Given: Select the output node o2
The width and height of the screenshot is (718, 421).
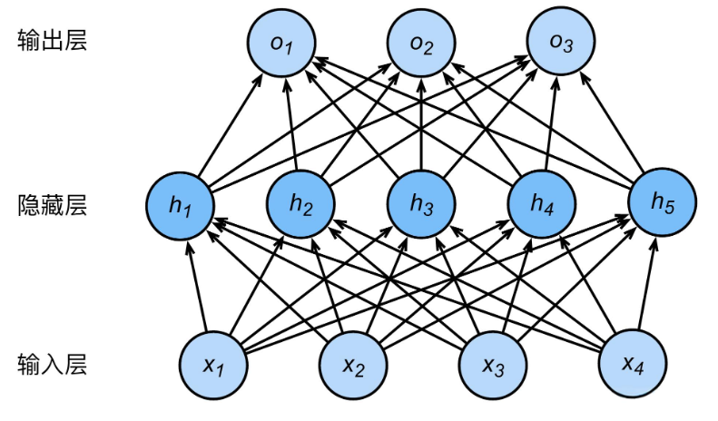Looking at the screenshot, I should (x=420, y=44).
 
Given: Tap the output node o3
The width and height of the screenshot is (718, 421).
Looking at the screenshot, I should (x=561, y=44).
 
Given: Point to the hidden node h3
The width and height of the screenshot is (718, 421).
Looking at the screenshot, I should (x=420, y=205).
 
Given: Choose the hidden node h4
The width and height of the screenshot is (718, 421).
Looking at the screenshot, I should (x=542, y=205).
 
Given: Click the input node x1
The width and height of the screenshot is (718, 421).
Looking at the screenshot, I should (x=214, y=365).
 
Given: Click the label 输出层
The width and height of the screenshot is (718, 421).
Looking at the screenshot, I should (x=52, y=41).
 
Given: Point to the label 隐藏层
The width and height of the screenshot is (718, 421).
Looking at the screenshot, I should (x=52, y=205).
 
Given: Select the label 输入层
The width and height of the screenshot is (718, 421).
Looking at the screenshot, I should (x=52, y=365).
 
